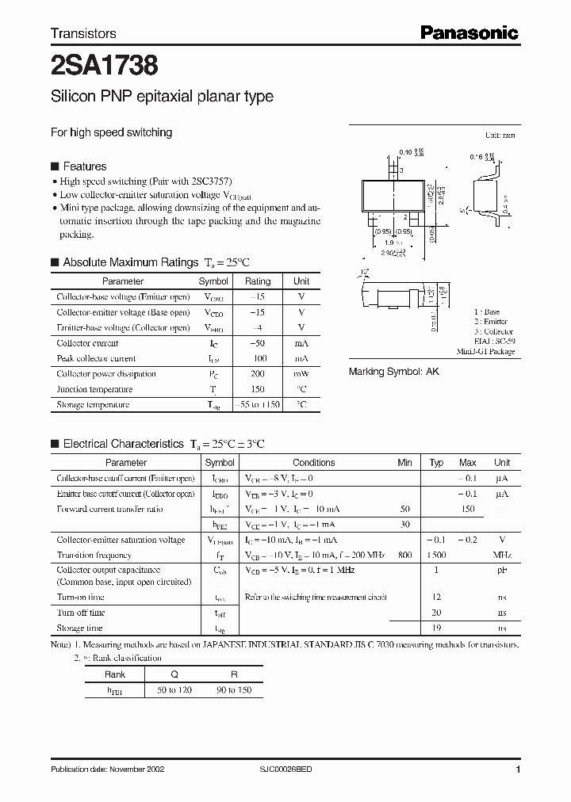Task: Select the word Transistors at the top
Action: click(83, 33)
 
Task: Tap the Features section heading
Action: click(84, 166)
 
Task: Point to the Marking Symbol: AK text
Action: click(394, 371)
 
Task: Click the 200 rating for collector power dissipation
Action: click(257, 373)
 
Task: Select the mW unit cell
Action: click(301, 373)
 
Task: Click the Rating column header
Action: click(257, 281)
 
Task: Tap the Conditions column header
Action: click(313, 463)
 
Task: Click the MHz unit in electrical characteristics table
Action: click(501, 556)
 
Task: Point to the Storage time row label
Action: click(80, 628)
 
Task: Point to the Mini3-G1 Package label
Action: click(485, 351)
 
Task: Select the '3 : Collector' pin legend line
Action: click(493, 331)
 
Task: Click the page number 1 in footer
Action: click(517, 770)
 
